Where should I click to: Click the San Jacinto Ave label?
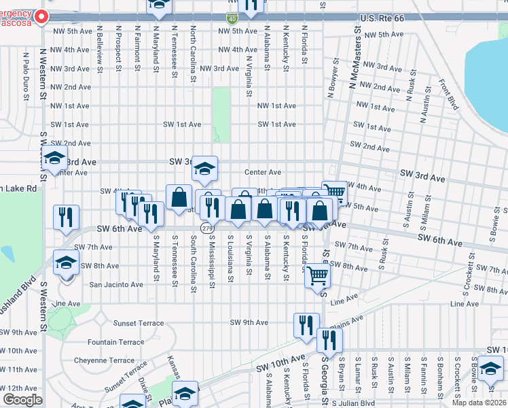pyautogui.click(x=116, y=284)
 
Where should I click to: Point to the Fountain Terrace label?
pyautogui.click(x=116, y=342)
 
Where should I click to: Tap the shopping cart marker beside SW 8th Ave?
pyautogui.click(x=318, y=277)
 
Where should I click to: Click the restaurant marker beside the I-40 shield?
pyautogui.click(x=251, y=7)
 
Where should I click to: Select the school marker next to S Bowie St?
pyautogui.click(x=490, y=369)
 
